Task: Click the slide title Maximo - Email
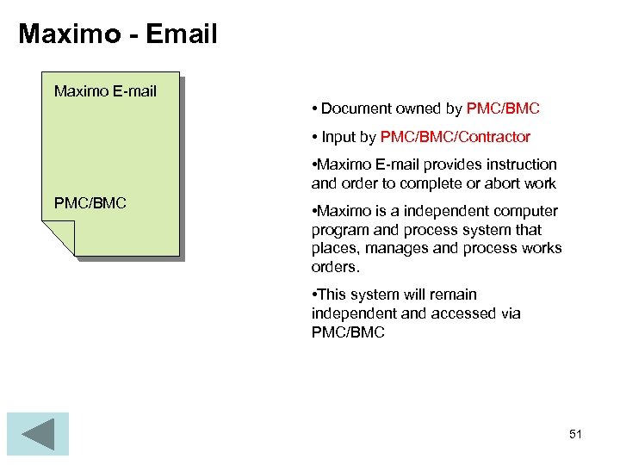coord(118,34)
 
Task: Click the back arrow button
coord(37,433)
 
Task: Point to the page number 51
coord(575,434)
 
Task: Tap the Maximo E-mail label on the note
coord(105,90)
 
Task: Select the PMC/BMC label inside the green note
coord(90,203)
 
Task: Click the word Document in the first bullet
coord(356,108)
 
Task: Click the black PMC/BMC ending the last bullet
coord(348,332)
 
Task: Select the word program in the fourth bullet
coord(340,230)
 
